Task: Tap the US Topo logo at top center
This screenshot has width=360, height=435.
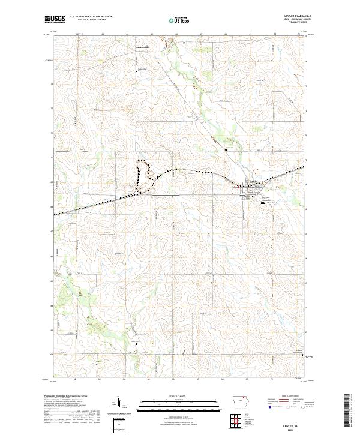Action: tap(179, 20)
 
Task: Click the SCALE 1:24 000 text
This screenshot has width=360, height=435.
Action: tap(179, 395)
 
